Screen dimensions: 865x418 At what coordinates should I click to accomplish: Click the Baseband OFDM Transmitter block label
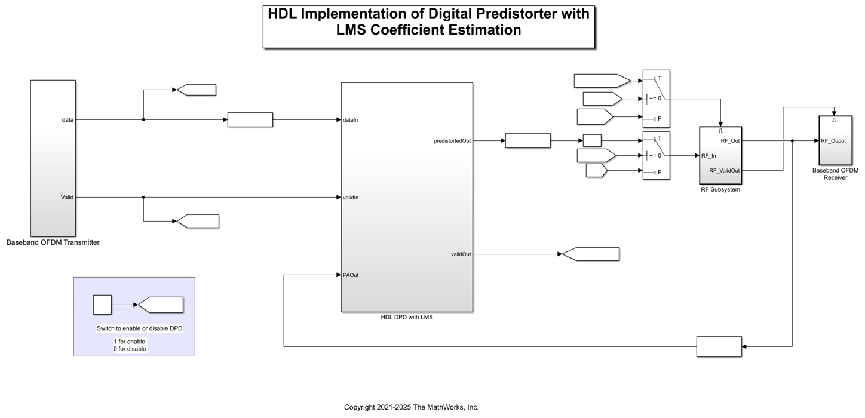(x=53, y=242)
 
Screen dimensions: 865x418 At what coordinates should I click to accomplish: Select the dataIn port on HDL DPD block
(x=350, y=120)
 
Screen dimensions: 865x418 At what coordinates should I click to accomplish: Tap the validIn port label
(x=351, y=198)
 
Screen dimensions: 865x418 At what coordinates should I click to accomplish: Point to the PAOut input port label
(x=351, y=275)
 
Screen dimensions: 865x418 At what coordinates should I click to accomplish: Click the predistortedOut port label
(x=452, y=141)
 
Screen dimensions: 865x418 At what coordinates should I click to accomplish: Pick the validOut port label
(x=461, y=254)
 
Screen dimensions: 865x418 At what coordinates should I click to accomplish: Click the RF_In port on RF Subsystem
(x=708, y=156)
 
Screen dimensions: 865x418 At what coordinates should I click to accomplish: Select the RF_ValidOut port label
(x=725, y=171)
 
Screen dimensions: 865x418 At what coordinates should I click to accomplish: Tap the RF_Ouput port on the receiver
(x=833, y=141)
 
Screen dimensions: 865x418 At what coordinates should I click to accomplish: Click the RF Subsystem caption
(x=720, y=189)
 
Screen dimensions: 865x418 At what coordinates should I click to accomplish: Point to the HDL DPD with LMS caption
(x=407, y=317)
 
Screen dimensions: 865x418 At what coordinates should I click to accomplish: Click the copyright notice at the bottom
(x=411, y=407)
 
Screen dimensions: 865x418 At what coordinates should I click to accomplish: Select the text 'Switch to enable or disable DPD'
(x=139, y=328)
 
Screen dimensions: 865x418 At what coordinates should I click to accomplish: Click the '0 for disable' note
(x=130, y=349)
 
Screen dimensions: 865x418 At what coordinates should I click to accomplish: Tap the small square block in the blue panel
(x=102, y=305)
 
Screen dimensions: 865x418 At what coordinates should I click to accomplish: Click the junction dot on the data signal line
(x=143, y=119)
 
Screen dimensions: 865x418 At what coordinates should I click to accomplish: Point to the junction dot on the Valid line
(x=143, y=197)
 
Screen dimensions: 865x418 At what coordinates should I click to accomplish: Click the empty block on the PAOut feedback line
(x=719, y=346)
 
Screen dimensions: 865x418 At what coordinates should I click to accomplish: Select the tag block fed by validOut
(x=590, y=254)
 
